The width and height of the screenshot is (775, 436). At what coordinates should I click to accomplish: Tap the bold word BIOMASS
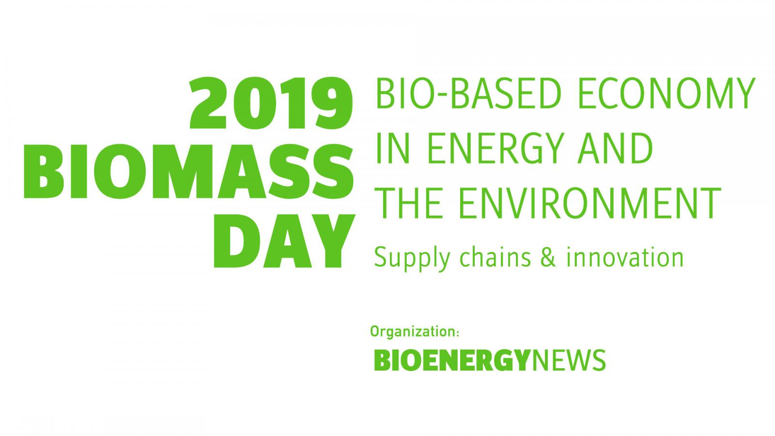point(189,171)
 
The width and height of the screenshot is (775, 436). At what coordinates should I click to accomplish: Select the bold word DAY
point(284,241)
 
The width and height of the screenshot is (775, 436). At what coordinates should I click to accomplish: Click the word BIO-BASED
point(468,93)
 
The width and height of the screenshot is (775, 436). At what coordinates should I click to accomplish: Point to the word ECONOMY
point(666,93)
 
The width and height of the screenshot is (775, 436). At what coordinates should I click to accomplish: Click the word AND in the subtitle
point(615,148)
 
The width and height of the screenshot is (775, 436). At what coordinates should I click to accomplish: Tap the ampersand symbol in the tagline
point(548,257)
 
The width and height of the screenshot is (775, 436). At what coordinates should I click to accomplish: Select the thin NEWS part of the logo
point(568,360)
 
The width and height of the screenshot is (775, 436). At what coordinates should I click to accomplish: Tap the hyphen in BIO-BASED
point(441,95)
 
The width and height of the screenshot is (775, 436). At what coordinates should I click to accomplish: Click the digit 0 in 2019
point(255,103)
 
